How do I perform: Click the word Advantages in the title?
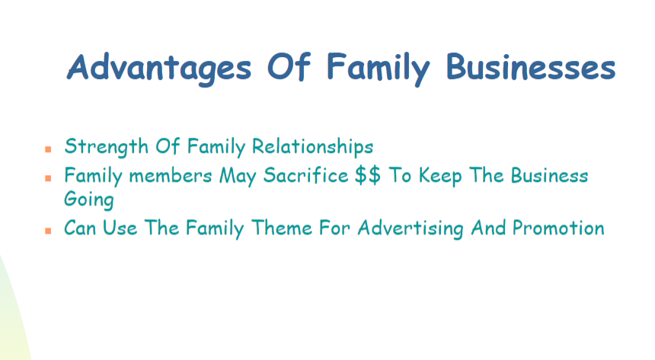click(x=159, y=68)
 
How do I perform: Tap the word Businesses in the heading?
click(x=531, y=66)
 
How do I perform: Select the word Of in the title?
click(x=289, y=66)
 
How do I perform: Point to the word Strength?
click(x=107, y=147)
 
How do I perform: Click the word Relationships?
click(x=312, y=147)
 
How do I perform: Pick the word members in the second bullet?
click(x=171, y=176)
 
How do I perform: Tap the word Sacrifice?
click(x=305, y=175)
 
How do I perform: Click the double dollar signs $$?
click(x=368, y=175)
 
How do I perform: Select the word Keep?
click(x=440, y=177)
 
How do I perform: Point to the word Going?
click(x=88, y=199)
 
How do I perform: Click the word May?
click(x=238, y=177)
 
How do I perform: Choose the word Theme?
click(x=282, y=228)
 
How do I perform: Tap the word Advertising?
click(x=411, y=229)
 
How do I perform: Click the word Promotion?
click(x=558, y=228)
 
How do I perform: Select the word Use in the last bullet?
click(x=120, y=228)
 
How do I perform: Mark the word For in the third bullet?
click(x=334, y=228)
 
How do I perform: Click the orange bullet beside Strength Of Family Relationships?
click(x=48, y=149)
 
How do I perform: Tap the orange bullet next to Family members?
click(x=48, y=178)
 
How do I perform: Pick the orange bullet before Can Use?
click(x=48, y=231)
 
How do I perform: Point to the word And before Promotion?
click(x=488, y=228)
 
